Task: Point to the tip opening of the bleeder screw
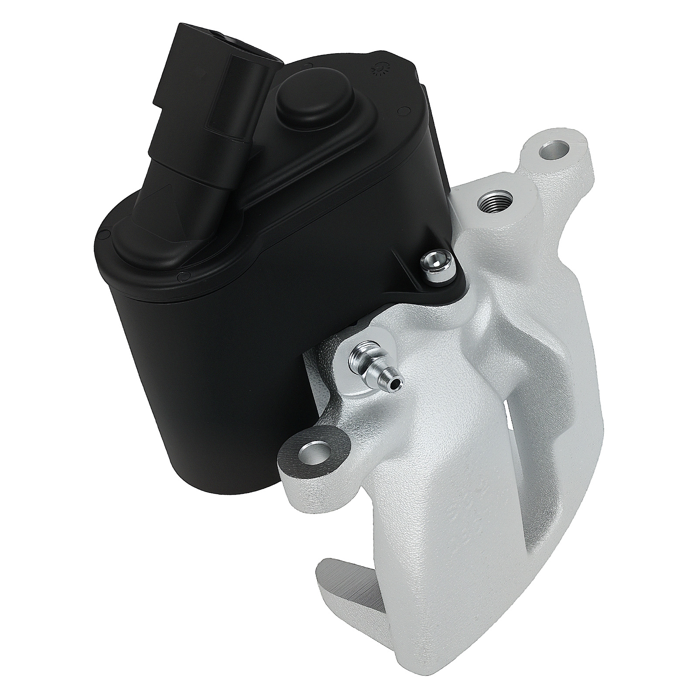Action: [x=396, y=382]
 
